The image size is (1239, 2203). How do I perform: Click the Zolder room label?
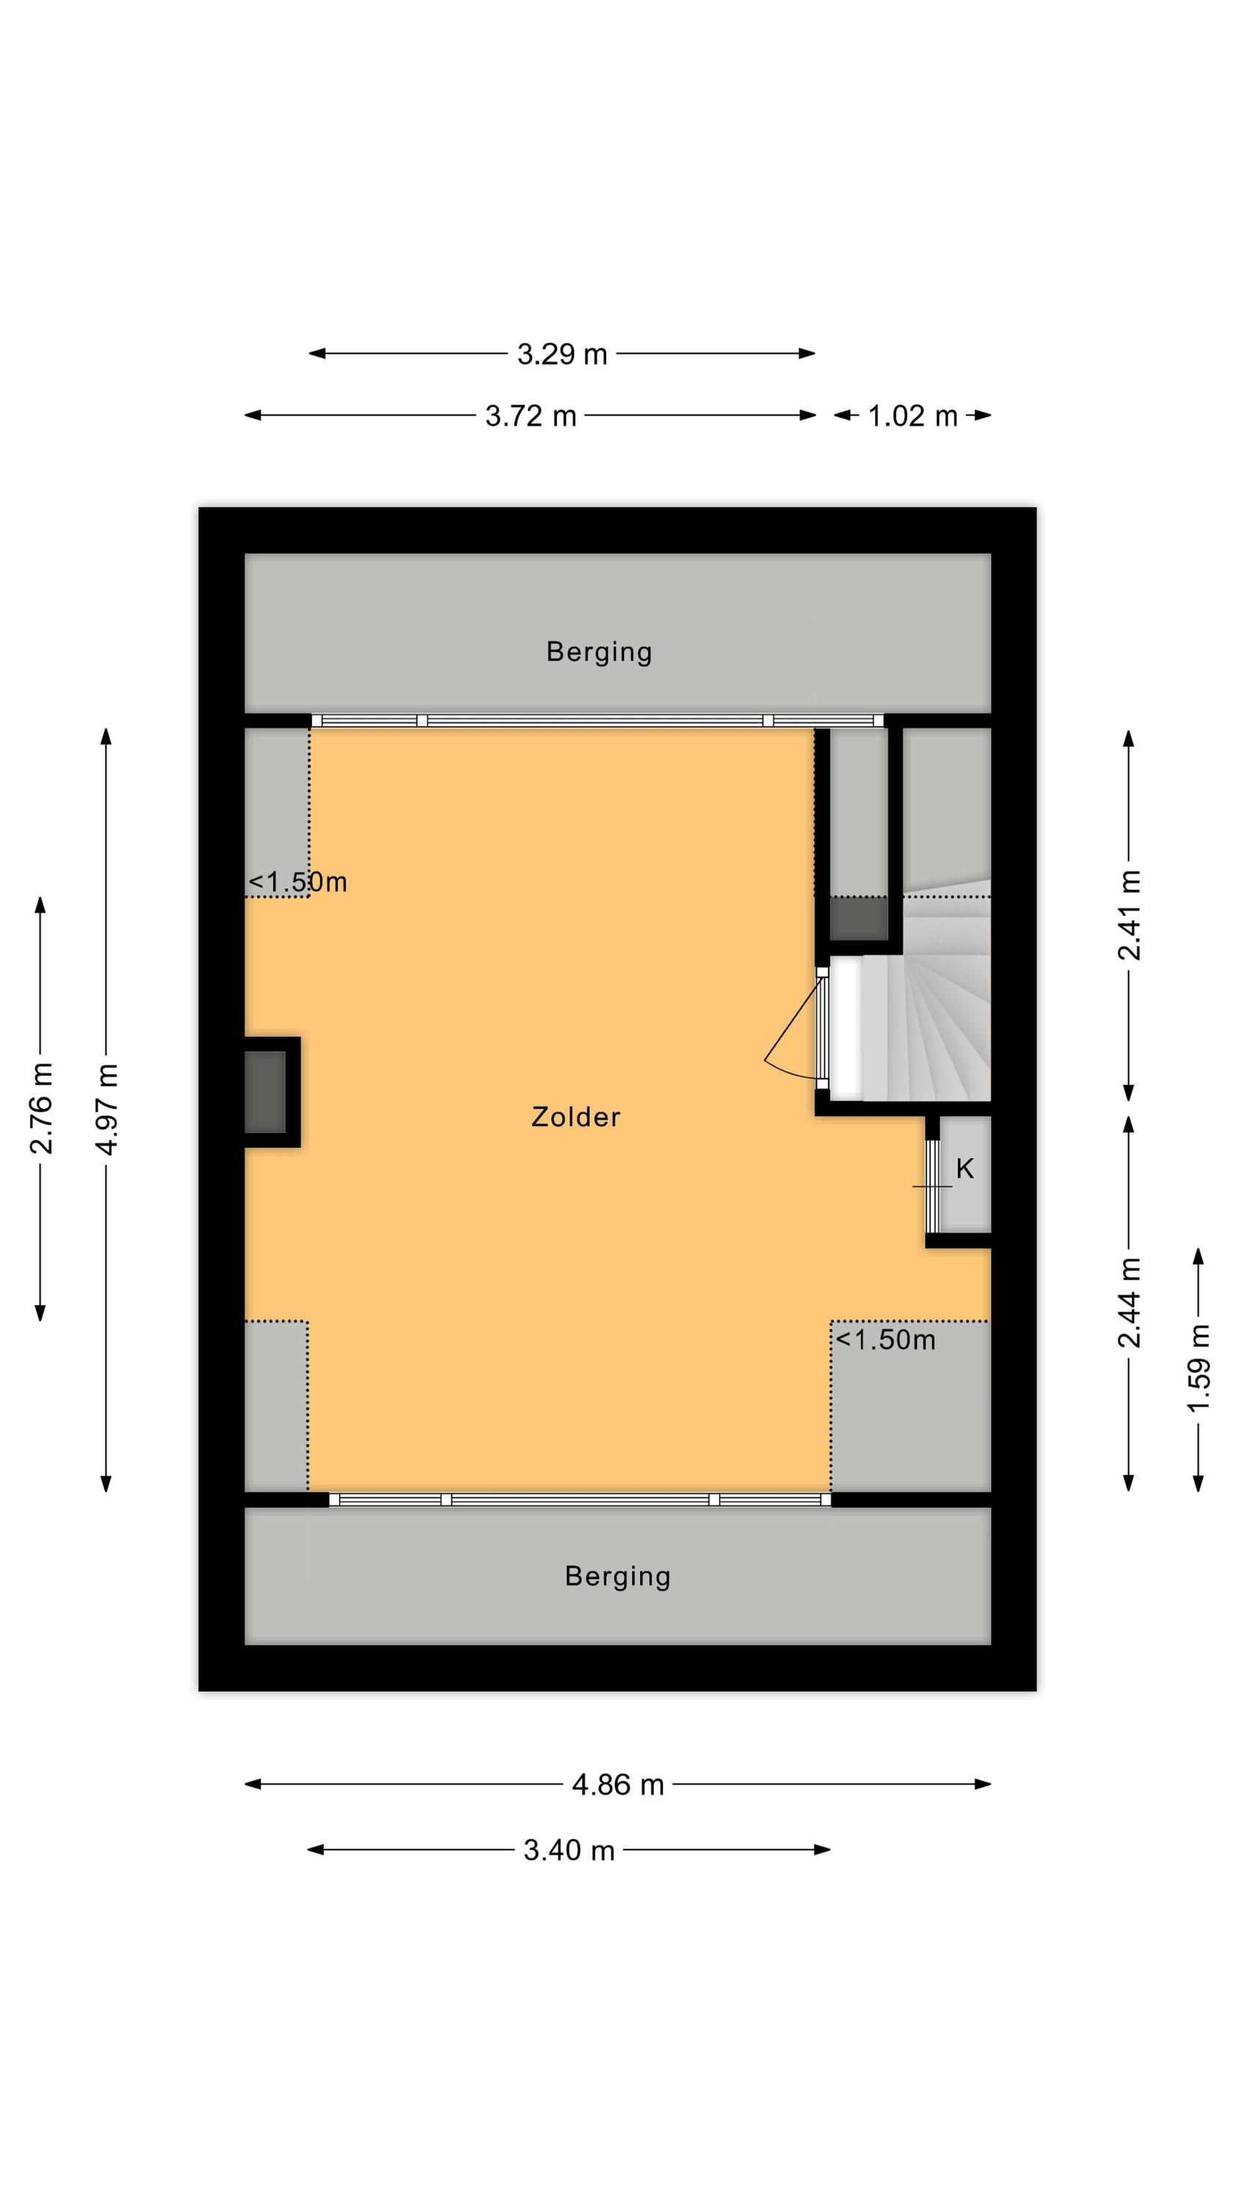[575, 1117]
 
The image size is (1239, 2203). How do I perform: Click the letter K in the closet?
[964, 1168]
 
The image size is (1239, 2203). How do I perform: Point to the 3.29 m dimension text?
[562, 354]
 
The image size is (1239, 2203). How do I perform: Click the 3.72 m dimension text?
[530, 416]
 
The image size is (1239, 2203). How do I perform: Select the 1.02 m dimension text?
[912, 416]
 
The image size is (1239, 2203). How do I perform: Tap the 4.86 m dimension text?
[617, 1785]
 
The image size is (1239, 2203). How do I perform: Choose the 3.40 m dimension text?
[569, 1851]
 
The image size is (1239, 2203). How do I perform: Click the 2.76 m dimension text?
[41, 1108]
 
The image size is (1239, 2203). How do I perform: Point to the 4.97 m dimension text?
[106, 1109]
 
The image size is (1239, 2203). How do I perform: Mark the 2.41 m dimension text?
[1130, 915]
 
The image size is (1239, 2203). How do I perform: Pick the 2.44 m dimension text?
[1130, 1303]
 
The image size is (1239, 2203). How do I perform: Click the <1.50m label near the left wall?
[297, 882]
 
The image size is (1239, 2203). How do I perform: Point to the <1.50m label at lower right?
[885, 1339]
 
